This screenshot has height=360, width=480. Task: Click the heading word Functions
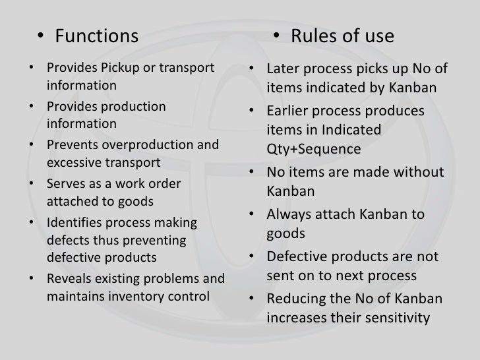pos(97,35)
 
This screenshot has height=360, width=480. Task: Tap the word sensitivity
pos(393,318)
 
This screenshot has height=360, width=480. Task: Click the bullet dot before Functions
pos(41,36)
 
